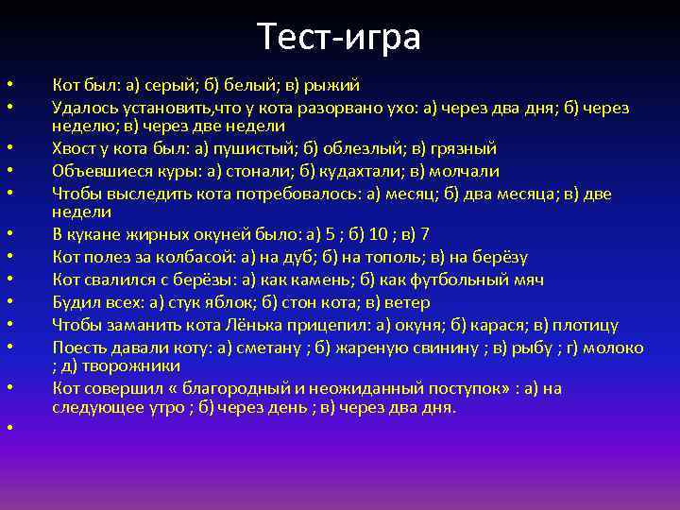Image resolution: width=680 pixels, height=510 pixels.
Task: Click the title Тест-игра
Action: tap(339, 38)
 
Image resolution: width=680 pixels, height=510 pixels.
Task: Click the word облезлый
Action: tap(335, 148)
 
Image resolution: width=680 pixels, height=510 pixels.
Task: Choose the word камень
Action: tap(298, 280)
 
